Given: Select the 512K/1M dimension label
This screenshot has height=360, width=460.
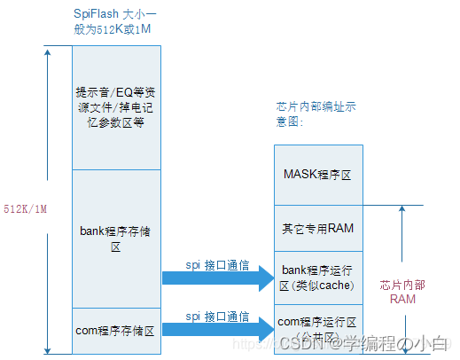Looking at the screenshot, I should pos(25,209).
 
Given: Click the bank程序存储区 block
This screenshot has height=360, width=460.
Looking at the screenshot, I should pos(115,238).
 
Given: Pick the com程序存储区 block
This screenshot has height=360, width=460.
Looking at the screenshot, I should pos(115,331).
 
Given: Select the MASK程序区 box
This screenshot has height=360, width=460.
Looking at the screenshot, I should pos(318,175).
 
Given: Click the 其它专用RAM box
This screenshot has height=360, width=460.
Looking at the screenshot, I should pos(318,228).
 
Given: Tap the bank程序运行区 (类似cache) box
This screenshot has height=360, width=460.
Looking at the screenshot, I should pos(318,276).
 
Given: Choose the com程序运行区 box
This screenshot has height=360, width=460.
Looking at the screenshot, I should pos(318,327).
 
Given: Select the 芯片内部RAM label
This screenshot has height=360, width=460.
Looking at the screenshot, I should pos(397,293).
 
